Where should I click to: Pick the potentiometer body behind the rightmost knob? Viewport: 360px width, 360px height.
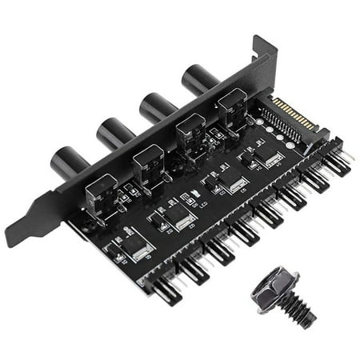click(232, 108)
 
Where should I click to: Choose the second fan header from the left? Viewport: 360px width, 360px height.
click(195, 267)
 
